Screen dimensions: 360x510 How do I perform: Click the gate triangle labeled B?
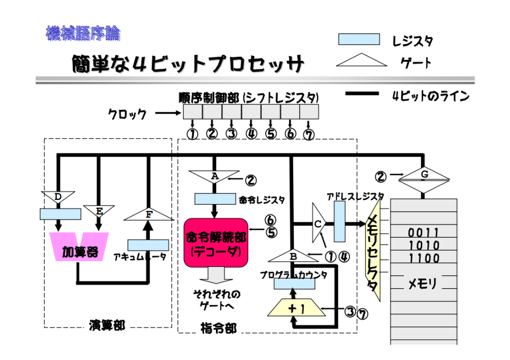coord(294,255)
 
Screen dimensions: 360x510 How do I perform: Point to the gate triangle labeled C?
coord(318,223)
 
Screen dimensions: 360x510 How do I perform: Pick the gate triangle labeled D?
coord(58,197)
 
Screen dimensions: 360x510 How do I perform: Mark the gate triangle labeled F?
coord(148,214)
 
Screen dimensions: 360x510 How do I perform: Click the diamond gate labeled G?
coord(424,180)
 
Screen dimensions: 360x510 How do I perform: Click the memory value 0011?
coord(424,233)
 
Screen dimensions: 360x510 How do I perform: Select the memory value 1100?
coord(424,258)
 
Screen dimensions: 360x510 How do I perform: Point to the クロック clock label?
coord(128,114)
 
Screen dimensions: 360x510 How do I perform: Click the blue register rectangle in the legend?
coord(358,39)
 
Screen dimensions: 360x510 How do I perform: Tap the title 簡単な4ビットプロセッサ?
coord(187,64)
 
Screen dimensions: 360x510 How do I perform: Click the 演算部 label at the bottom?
coord(107,326)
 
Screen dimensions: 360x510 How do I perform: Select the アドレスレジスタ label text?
coord(355,196)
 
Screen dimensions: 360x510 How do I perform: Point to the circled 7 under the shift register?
coord(309,135)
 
